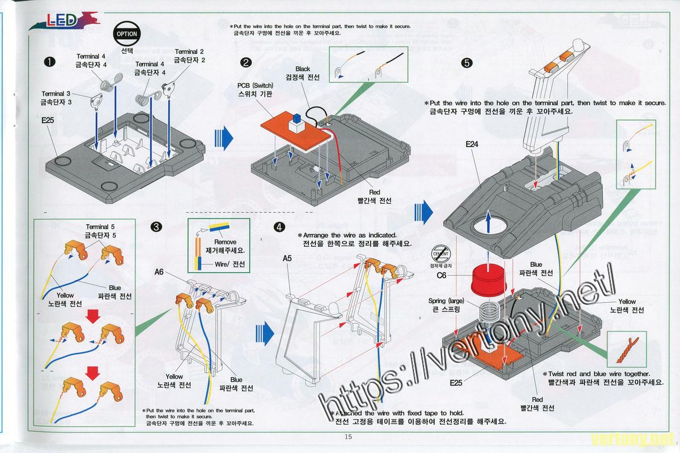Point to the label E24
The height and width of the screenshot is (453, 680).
click(471, 145)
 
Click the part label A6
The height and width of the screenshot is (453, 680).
click(159, 271)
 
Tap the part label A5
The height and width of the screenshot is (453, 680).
click(287, 258)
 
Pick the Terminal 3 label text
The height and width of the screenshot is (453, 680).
click(56, 93)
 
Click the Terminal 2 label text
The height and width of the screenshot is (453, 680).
click(189, 52)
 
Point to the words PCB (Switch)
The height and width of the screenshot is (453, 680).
click(255, 86)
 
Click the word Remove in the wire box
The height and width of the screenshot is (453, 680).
click(224, 241)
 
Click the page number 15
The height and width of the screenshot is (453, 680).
click(348, 436)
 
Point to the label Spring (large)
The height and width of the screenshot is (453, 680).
click(447, 301)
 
